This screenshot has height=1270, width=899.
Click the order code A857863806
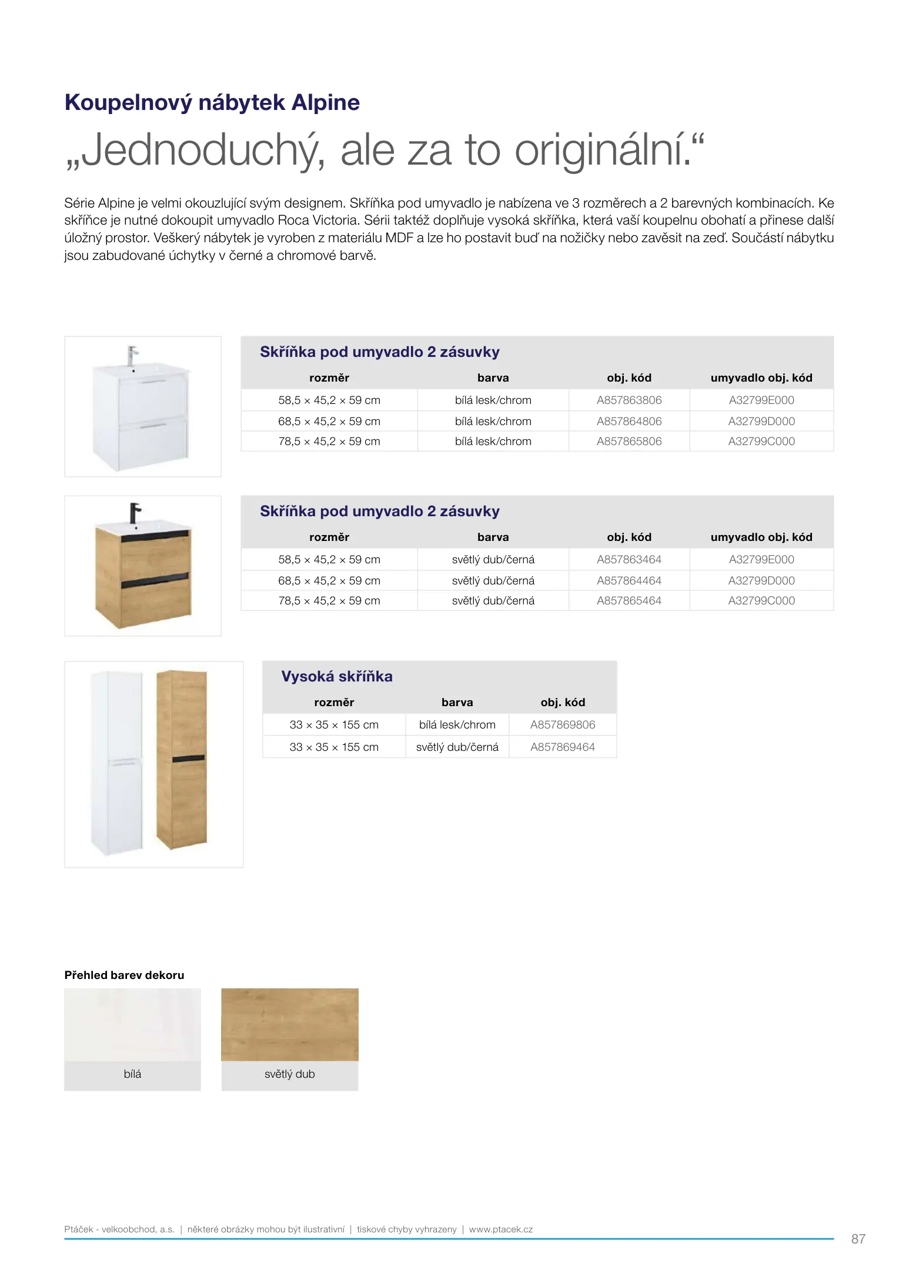629,400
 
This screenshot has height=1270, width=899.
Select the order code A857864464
629,581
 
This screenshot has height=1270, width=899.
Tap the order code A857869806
563,725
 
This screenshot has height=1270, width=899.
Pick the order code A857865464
629,601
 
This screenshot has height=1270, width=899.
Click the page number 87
858,1239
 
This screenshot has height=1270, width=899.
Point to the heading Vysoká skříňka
336,677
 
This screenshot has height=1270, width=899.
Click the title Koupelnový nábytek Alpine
212,103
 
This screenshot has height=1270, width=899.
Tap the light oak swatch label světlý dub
289,1074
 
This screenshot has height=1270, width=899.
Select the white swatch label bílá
132,1074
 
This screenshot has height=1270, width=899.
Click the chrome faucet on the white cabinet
133,355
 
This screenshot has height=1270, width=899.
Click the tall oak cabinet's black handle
188,758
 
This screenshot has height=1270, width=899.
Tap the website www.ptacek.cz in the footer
500,1229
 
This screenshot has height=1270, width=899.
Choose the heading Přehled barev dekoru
124,975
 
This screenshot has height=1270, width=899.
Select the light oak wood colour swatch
289,1024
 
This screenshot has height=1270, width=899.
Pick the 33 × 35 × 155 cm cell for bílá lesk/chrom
333,725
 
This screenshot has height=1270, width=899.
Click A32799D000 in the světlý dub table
761,581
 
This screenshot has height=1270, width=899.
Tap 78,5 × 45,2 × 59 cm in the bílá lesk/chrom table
329,442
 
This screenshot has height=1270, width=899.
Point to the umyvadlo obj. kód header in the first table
761,378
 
